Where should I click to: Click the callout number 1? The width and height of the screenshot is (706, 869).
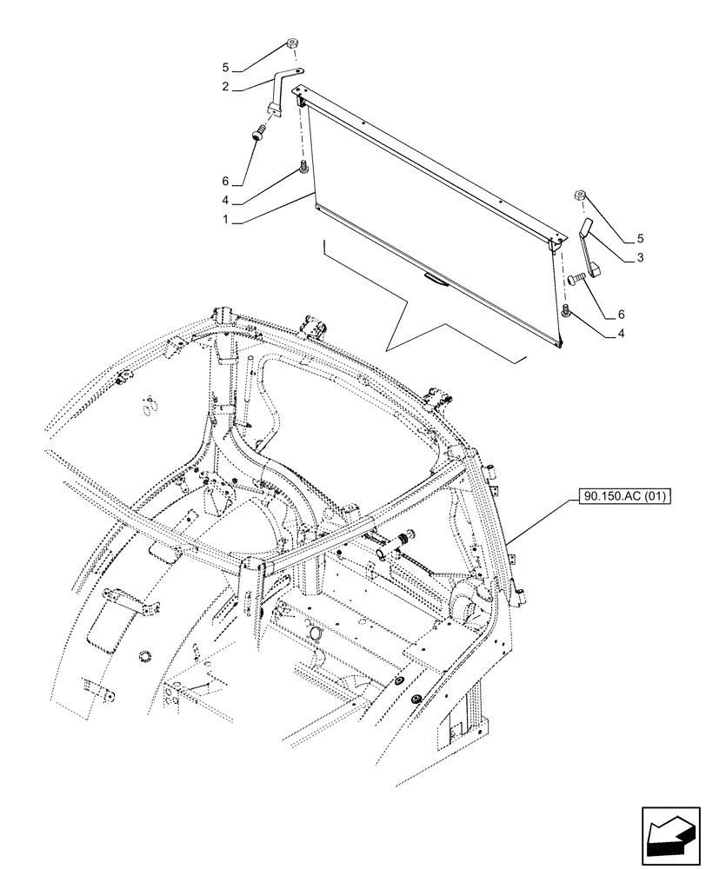click(x=225, y=221)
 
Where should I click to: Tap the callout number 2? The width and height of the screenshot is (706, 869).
click(x=225, y=87)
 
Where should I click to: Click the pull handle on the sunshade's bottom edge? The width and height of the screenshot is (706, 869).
click(x=433, y=279)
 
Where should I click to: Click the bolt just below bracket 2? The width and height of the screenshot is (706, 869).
click(x=258, y=134)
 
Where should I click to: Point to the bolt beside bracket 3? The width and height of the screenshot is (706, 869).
click(x=574, y=280)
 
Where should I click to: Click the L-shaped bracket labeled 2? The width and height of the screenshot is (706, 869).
click(x=280, y=91)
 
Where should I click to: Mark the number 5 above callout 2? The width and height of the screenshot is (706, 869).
click(x=225, y=67)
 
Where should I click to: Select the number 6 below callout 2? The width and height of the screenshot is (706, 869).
click(x=225, y=181)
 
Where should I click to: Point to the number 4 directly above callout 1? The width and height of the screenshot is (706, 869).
click(x=225, y=201)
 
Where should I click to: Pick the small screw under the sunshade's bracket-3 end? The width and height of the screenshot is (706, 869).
click(x=566, y=311)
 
